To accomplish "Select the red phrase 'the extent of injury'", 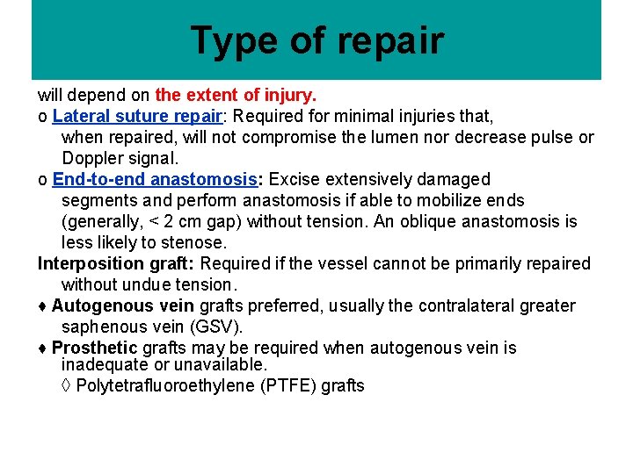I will pos(236,95).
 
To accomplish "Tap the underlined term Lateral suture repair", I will pos(136,116).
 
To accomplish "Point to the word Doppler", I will pos(92,158).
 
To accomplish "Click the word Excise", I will pos(294,179).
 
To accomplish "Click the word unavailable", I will pos(221,363).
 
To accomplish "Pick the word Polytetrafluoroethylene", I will pos(166,385).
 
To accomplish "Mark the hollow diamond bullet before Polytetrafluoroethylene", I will pos(67,385).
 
